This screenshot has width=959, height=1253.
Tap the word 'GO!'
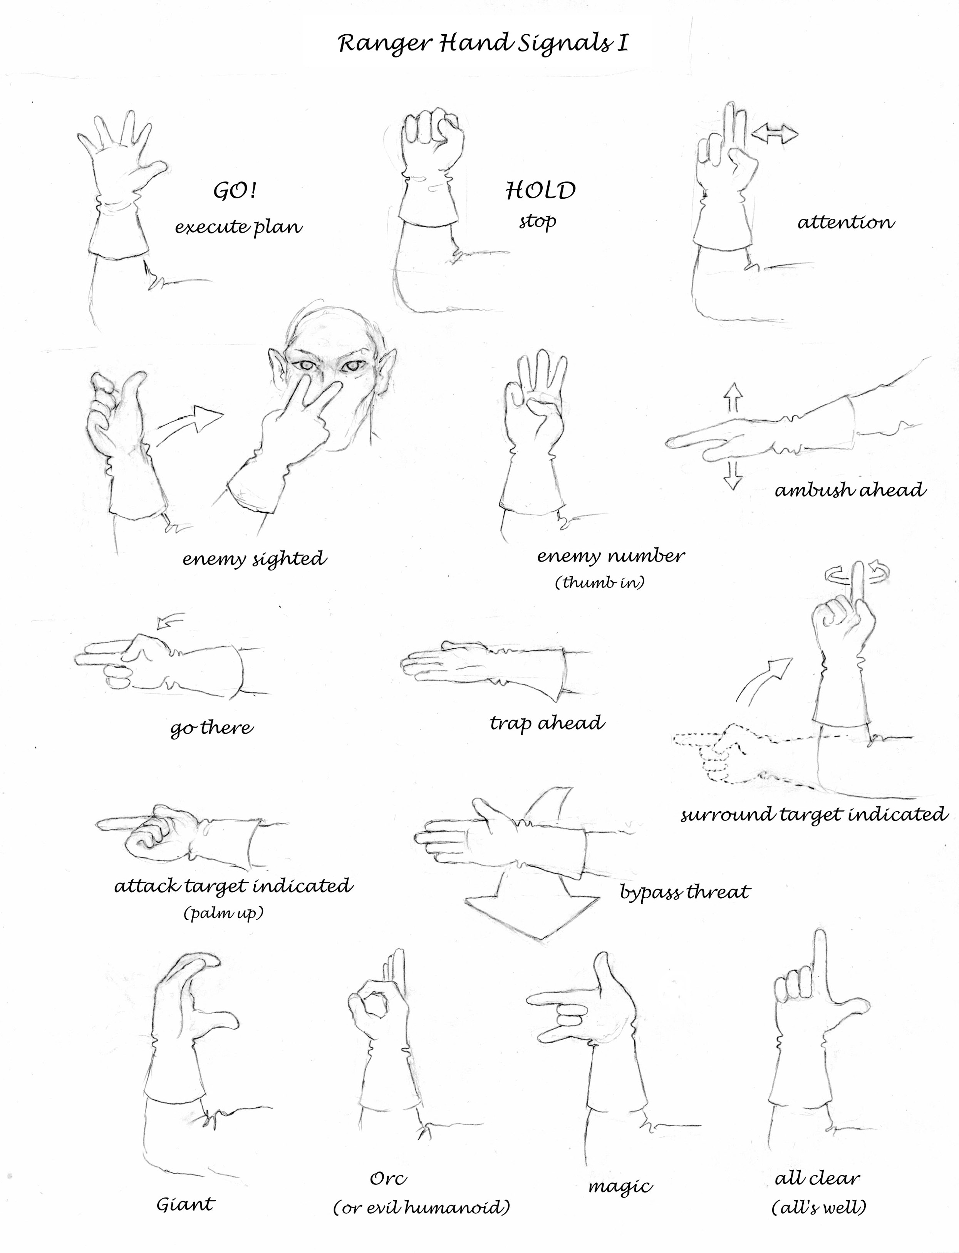point(235,191)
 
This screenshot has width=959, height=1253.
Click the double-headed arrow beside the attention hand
point(775,134)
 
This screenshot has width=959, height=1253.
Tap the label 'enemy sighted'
point(255,558)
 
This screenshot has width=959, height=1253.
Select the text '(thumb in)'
point(599,582)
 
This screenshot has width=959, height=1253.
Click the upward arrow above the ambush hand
point(734,397)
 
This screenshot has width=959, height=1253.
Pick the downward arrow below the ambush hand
point(733,476)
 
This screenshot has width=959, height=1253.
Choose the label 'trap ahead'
point(547,723)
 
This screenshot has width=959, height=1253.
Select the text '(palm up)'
point(223,913)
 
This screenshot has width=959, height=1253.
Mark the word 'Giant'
point(186,1204)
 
